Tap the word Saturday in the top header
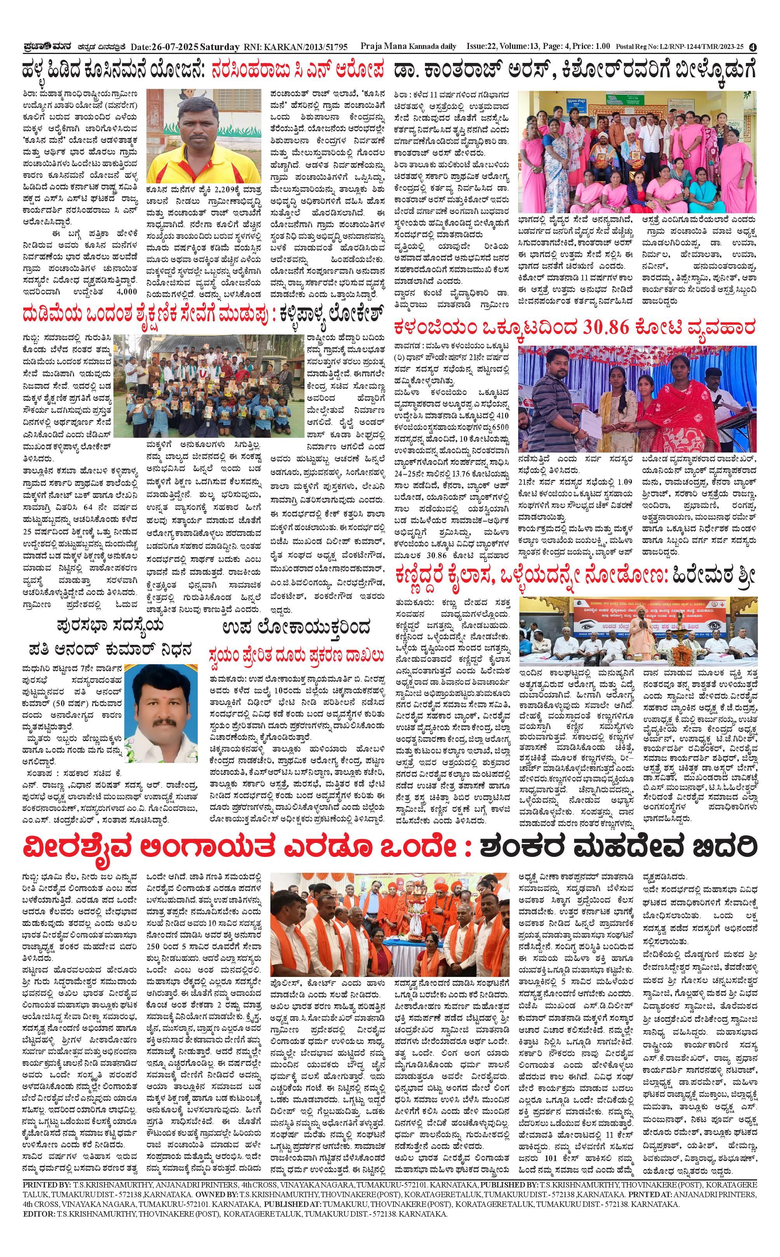click(x=219, y=47)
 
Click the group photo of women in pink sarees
click(x=637, y=152)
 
